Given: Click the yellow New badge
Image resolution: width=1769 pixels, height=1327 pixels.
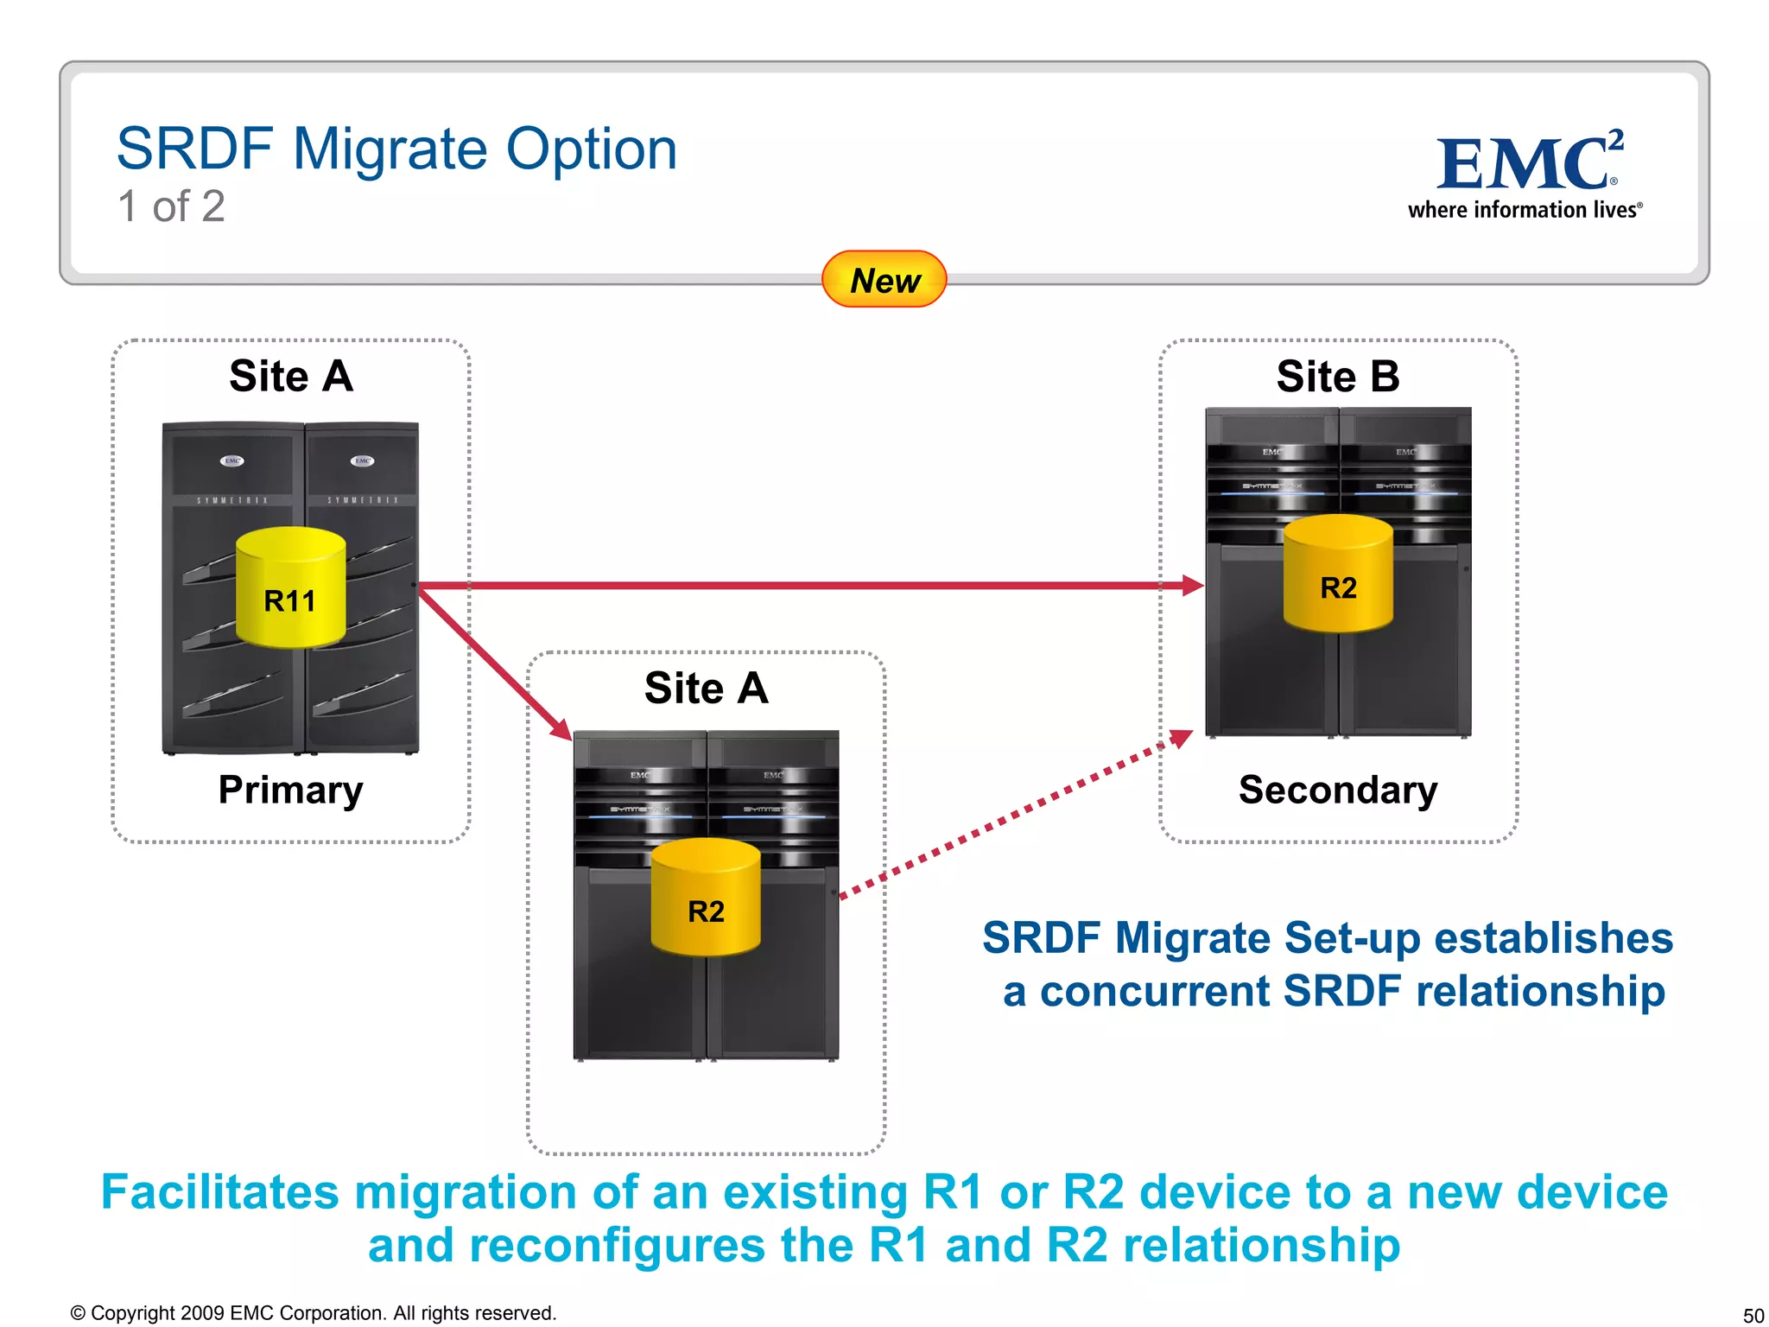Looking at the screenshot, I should click(884, 279).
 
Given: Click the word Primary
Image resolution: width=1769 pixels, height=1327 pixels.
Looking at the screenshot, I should click(290, 790).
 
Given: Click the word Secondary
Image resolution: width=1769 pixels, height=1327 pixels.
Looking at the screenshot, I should click(1337, 790).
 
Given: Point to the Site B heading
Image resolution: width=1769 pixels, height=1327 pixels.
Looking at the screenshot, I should click(1337, 377).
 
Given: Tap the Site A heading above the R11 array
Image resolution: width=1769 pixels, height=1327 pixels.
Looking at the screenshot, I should click(291, 377).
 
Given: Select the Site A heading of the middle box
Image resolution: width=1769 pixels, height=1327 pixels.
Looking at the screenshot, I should click(706, 689).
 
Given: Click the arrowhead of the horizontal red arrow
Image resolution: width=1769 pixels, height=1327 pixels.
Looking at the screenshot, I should click(1192, 586).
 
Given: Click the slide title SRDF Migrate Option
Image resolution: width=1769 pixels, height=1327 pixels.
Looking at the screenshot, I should click(396, 149).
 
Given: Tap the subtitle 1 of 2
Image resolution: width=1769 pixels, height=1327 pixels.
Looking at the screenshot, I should click(171, 206).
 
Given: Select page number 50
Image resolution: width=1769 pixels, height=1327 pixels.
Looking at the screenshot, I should click(1753, 1315).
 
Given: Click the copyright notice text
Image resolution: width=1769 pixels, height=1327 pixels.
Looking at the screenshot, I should click(313, 1313).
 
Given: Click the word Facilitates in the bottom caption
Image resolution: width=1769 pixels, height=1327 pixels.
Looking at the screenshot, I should click(219, 1192).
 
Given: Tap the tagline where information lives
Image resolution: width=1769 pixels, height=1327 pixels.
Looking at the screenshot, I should click(1524, 210).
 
